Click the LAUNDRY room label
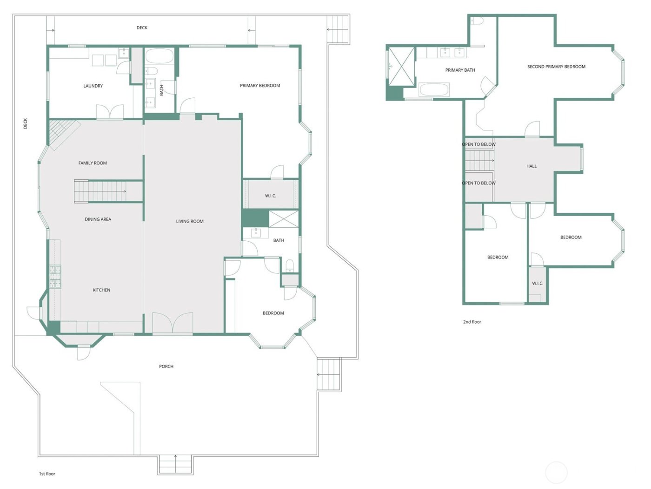click(93, 86)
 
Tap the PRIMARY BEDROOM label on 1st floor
click(260, 86)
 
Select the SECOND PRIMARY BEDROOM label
click(556, 67)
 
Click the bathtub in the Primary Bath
click(434, 89)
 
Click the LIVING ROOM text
click(190, 221)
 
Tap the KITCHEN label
click(101, 290)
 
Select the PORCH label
click(166, 367)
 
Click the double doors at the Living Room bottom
click(173, 323)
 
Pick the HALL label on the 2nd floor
click(531, 166)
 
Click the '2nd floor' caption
click(472, 322)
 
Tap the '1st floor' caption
click(47, 474)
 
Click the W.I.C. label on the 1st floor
click(271, 196)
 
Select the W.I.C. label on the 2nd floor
click(538, 284)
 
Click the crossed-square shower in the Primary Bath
click(401, 66)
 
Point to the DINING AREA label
click(98, 219)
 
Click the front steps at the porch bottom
click(175, 464)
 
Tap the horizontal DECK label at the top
click(142, 28)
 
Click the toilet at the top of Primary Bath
click(477, 21)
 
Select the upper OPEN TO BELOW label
click(478, 144)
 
